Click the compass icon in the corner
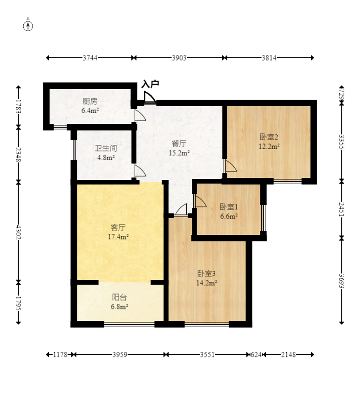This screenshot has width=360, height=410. click(28, 25)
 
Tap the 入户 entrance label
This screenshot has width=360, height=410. click(150, 84)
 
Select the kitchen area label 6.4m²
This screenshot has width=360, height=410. click(90, 110)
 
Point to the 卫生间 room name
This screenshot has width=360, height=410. click(106, 148)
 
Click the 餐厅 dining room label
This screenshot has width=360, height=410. click(179, 143)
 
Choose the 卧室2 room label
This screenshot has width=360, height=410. click(269, 137)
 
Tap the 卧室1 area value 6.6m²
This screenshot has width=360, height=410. click(229, 216)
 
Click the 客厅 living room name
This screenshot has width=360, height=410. click(118, 227)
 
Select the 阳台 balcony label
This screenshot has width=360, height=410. click(120, 297)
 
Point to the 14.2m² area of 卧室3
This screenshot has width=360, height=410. click(207, 283)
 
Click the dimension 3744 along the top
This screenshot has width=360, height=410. click(90, 58)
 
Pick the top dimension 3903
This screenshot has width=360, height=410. click(179, 58)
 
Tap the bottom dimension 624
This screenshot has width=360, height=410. click(256, 355)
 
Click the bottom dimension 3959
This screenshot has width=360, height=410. click(120, 355)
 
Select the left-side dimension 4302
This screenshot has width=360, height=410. click(18, 232)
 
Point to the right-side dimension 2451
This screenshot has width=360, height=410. click(342, 209)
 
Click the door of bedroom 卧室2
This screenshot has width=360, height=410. click(231, 166)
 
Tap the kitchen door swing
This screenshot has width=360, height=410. click(139, 115)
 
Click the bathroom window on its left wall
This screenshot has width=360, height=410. click(74, 150)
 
